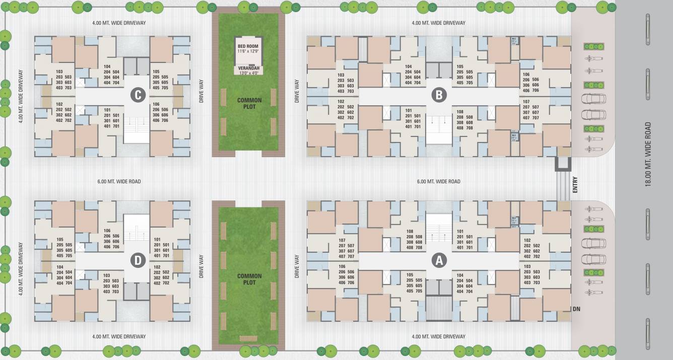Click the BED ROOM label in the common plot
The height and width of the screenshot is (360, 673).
248,46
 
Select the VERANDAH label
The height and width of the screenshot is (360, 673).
248,68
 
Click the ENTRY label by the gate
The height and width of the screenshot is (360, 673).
575,185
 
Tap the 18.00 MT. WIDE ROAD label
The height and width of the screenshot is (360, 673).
648,154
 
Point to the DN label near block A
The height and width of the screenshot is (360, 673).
576,309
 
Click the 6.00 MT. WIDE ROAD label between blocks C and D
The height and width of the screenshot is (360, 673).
119,181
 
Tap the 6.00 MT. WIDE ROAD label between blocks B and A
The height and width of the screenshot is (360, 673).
438,181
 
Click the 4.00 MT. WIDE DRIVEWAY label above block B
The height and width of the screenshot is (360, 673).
438,23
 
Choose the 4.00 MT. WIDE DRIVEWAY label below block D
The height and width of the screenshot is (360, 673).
119,336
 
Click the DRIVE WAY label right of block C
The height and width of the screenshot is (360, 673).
201,92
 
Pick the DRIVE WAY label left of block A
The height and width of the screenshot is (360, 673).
298,266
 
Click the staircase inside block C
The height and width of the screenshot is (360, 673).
136,129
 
